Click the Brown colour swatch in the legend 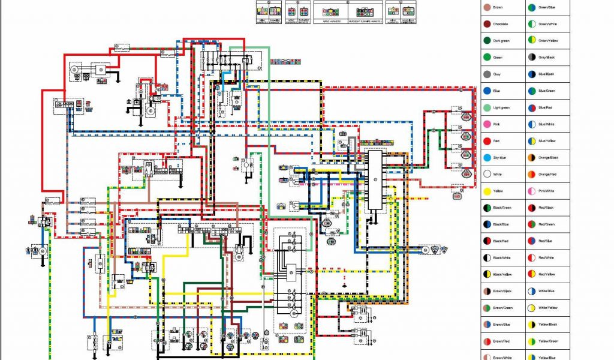(x=487, y=7)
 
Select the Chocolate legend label (x=501, y=24)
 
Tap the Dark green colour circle (x=487, y=41)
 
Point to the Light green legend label (x=501, y=107)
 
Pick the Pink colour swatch (x=487, y=124)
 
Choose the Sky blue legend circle (x=487, y=157)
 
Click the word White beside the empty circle (x=497, y=174)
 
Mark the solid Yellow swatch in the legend (x=487, y=191)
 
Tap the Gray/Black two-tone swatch (x=532, y=58)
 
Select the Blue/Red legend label (x=546, y=107)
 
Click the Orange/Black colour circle (x=532, y=157)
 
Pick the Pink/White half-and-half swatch (x=532, y=191)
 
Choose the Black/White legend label (x=502, y=257)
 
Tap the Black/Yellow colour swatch (x=487, y=274)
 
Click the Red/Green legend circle (x=532, y=224)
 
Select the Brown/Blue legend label (x=501, y=324)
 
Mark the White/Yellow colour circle (x=532, y=307)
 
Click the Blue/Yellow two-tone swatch (x=532, y=140)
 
